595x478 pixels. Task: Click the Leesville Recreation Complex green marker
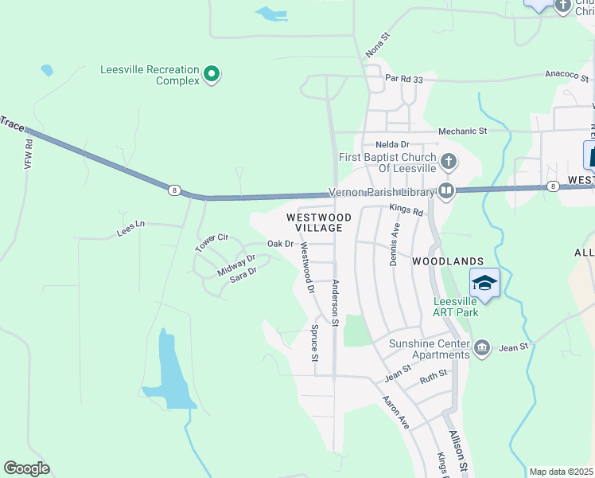(x=212, y=75)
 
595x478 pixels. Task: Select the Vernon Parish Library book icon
(x=446, y=191)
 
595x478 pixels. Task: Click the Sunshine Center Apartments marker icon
(x=482, y=348)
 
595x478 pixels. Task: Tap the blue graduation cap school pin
(x=484, y=283)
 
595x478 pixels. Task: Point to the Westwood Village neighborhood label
(x=318, y=222)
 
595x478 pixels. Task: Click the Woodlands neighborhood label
(x=448, y=261)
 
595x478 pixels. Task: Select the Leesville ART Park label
(x=456, y=307)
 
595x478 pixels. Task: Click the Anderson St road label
(x=336, y=303)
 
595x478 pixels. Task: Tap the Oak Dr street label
(x=280, y=244)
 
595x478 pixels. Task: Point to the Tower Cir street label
(x=212, y=242)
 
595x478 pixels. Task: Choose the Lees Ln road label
(x=132, y=229)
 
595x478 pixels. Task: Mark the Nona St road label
(x=378, y=46)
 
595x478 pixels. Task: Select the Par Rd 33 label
(x=405, y=78)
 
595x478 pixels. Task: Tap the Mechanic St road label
(x=462, y=131)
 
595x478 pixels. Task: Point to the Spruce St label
(x=315, y=343)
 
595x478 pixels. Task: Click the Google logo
(x=26, y=468)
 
